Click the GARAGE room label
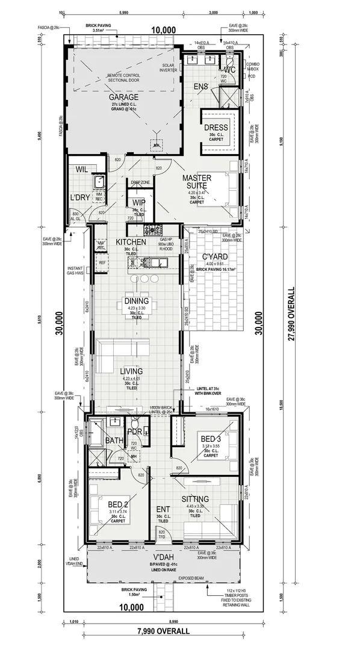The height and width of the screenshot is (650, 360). pos(123,97)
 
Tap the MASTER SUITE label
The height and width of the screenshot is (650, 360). pos(196,182)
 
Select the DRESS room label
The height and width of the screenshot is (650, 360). pos(216,128)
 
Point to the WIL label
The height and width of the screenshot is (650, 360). pos(82,170)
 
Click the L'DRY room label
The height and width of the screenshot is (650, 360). pos(80,198)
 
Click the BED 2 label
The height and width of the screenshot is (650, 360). pos(117,504)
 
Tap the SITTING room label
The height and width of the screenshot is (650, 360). pos(194,500)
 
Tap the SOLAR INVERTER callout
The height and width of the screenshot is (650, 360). pos(169,67)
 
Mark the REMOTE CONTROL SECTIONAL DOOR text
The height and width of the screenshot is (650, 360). pos(123,78)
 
